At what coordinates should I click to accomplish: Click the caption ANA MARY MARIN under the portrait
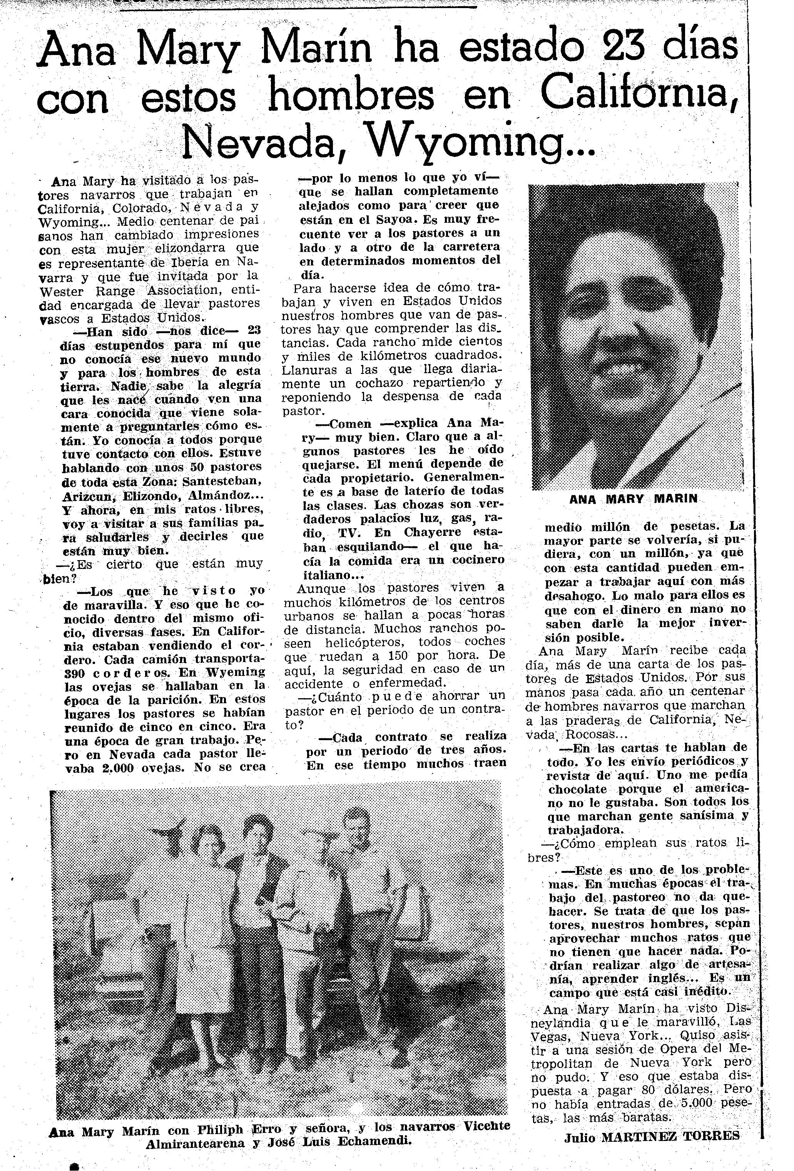point(633,499)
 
